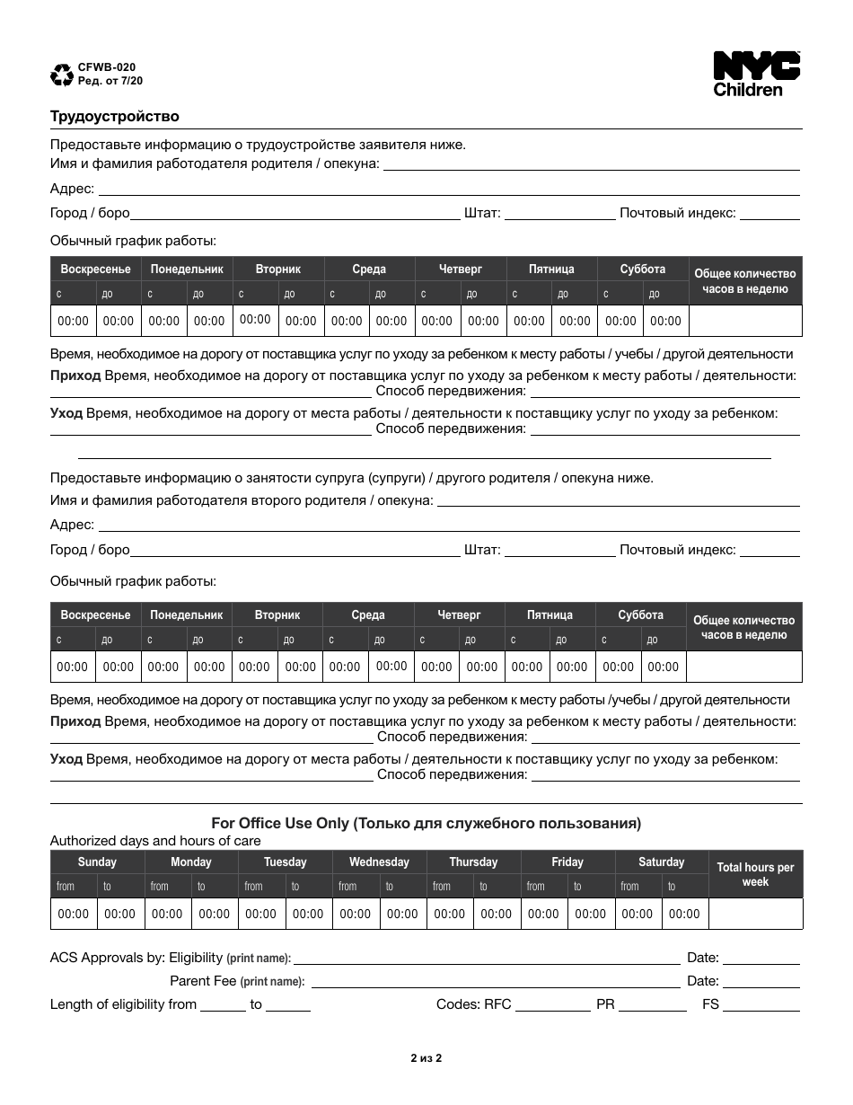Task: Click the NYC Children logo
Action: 756,74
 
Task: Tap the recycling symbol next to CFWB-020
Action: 62,75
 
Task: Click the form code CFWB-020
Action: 108,67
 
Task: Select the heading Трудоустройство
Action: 114,116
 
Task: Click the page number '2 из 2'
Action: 426,1057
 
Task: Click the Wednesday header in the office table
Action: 379,862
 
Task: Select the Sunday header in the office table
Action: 97,862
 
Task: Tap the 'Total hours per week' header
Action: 755,874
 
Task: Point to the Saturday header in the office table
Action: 661,862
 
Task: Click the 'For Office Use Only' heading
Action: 426,822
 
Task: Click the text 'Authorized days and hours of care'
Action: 155,841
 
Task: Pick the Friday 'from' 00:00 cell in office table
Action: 543,914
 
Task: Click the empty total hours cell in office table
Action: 755,914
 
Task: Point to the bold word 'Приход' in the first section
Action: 75,376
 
